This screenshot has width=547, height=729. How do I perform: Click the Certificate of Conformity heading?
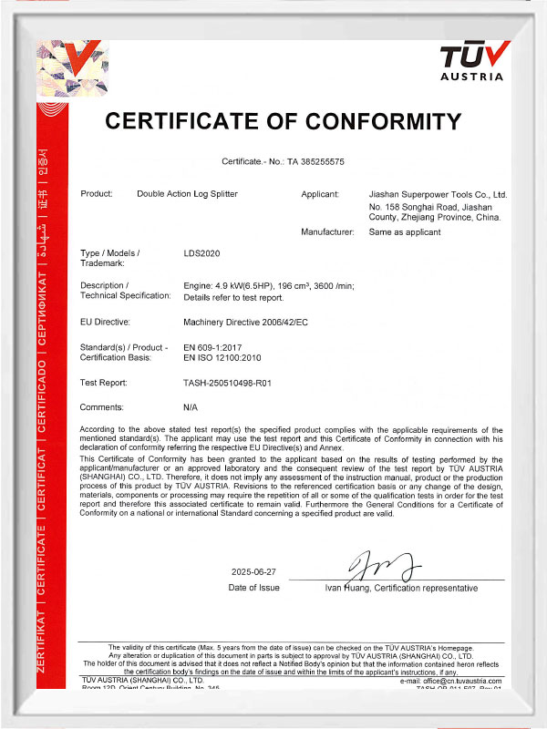[x=284, y=120]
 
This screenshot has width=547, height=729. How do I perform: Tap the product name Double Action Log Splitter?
[x=189, y=194]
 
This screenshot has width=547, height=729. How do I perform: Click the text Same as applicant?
[x=404, y=232]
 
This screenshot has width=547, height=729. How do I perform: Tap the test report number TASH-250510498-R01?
[x=228, y=383]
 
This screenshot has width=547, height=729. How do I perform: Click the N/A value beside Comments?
[x=191, y=406]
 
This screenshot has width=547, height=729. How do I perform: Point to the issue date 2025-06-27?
[x=253, y=571]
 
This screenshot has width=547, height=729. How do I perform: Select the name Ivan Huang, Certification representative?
[x=401, y=589]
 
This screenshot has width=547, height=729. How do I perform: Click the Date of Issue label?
[x=253, y=588]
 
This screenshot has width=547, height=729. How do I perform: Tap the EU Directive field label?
[x=106, y=322]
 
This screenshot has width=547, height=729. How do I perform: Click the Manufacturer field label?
[x=327, y=232]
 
